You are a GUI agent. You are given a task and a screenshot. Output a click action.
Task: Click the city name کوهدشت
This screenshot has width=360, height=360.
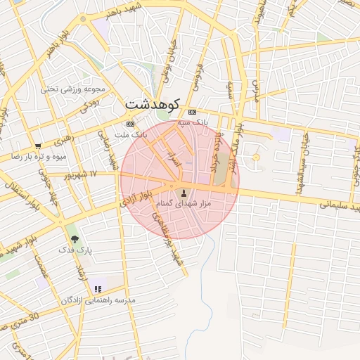tap(152, 103)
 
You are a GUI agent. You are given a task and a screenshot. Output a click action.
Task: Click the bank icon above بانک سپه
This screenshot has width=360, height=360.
tap(192, 112)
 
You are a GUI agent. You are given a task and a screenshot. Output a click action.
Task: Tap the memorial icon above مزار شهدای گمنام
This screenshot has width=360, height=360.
tap(184, 193)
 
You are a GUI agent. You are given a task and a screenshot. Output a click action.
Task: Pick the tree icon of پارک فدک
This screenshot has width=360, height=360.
tap(75, 239)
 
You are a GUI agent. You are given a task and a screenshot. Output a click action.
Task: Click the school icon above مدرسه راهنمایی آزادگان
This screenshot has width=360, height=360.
tap(98, 288)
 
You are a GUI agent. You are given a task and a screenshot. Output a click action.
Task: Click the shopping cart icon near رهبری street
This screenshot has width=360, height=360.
tap(37, 146)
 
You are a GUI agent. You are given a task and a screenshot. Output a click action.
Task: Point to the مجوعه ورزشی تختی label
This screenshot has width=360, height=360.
tap(72, 89)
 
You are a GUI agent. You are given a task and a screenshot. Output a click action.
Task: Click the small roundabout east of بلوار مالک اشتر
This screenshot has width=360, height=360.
tap(256, 157)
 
